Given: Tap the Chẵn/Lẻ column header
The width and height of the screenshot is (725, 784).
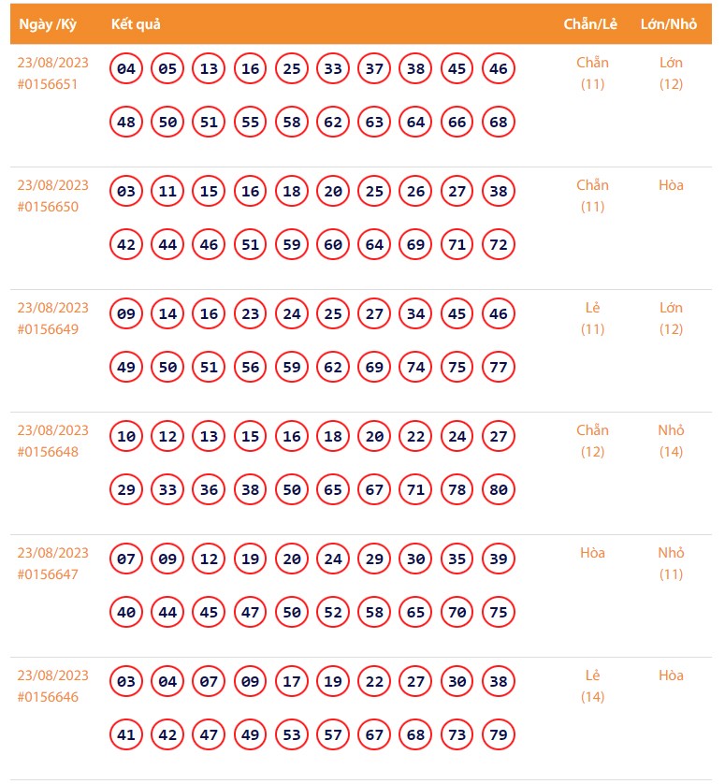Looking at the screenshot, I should [x=590, y=24].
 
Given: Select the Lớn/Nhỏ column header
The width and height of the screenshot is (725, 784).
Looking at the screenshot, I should [x=669, y=24].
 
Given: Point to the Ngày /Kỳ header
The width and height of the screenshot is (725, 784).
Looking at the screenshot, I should [x=48, y=24].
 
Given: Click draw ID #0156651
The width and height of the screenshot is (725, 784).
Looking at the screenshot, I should [x=47, y=84].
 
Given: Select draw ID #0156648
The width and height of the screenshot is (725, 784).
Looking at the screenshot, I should [x=47, y=452].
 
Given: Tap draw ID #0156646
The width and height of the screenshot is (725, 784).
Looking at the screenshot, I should [x=47, y=697].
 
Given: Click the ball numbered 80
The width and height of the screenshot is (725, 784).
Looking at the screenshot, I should [x=499, y=489].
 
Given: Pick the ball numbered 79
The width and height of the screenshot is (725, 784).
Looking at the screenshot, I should [x=499, y=734].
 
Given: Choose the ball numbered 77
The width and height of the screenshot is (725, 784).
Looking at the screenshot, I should [x=499, y=367].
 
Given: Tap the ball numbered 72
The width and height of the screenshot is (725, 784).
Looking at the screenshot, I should [x=499, y=244].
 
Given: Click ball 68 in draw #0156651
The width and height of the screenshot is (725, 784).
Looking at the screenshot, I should [x=499, y=122].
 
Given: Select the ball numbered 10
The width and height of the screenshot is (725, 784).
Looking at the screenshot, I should [x=126, y=436].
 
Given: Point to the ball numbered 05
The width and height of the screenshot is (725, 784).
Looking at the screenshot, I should [x=167, y=68].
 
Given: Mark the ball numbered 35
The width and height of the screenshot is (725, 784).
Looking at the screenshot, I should [x=457, y=559].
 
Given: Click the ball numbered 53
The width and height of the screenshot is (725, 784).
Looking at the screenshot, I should [x=292, y=734].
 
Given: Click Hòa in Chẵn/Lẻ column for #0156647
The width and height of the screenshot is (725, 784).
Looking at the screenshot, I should [x=592, y=553].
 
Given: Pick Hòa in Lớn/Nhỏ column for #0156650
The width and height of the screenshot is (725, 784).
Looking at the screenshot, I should [x=671, y=185].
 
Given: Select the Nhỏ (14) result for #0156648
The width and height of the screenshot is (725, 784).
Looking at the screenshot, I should [x=671, y=441].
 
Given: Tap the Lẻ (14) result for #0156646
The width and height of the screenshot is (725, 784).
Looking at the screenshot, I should [x=592, y=686].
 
